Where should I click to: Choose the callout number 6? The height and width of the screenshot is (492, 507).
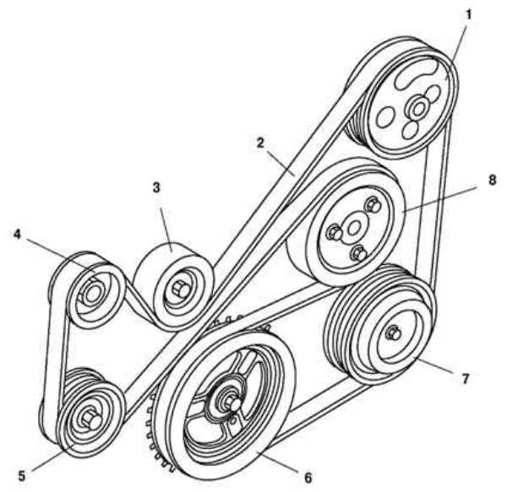[x=308, y=477]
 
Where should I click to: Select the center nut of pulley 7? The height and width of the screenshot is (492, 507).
[x=391, y=332]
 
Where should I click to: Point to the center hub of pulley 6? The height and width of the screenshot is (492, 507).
[x=228, y=403]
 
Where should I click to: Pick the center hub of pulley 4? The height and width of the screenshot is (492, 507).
[x=93, y=295]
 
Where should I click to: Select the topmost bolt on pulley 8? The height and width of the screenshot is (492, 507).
[x=372, y=203]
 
